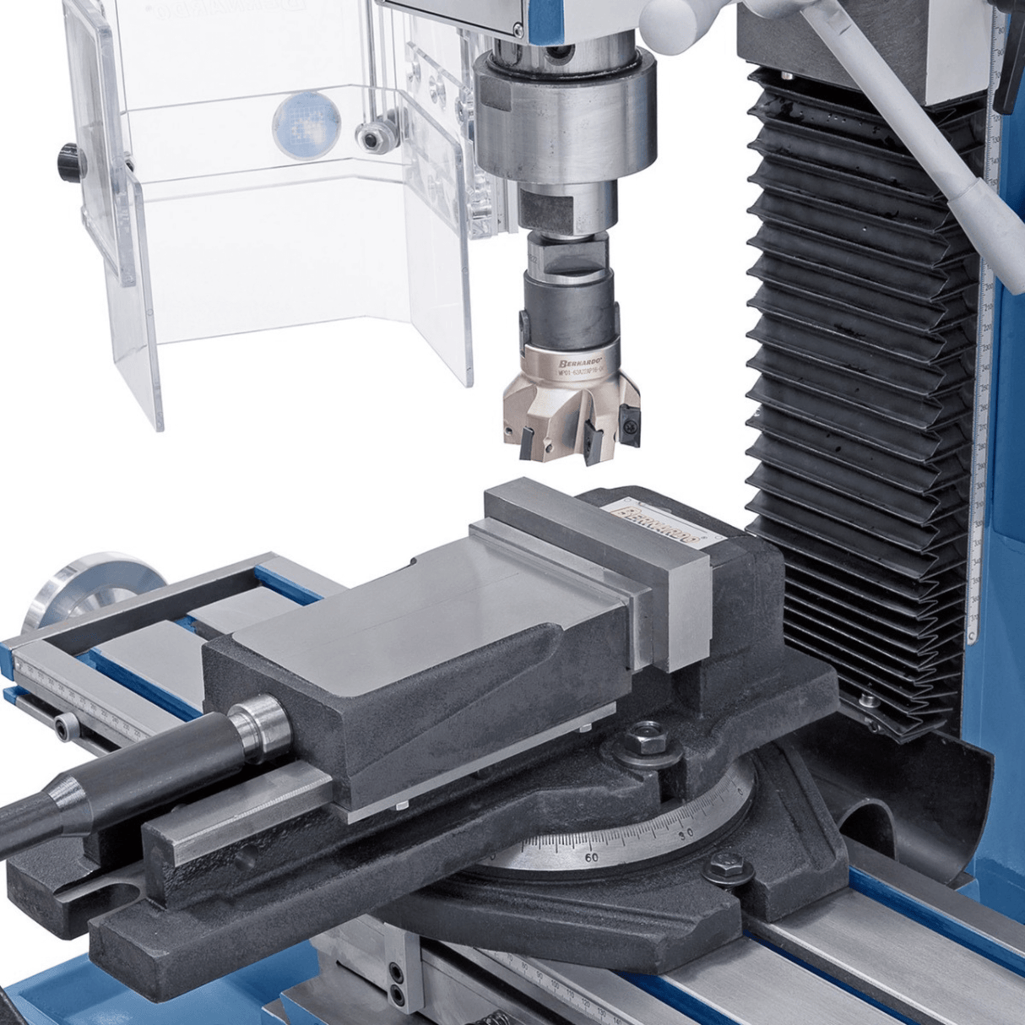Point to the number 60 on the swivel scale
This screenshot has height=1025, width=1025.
point(591,858)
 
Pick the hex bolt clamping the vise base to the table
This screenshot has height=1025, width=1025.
point(725,866)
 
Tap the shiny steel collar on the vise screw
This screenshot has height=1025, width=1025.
point(260,725)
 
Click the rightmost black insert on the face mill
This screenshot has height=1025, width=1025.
point(629,418)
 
